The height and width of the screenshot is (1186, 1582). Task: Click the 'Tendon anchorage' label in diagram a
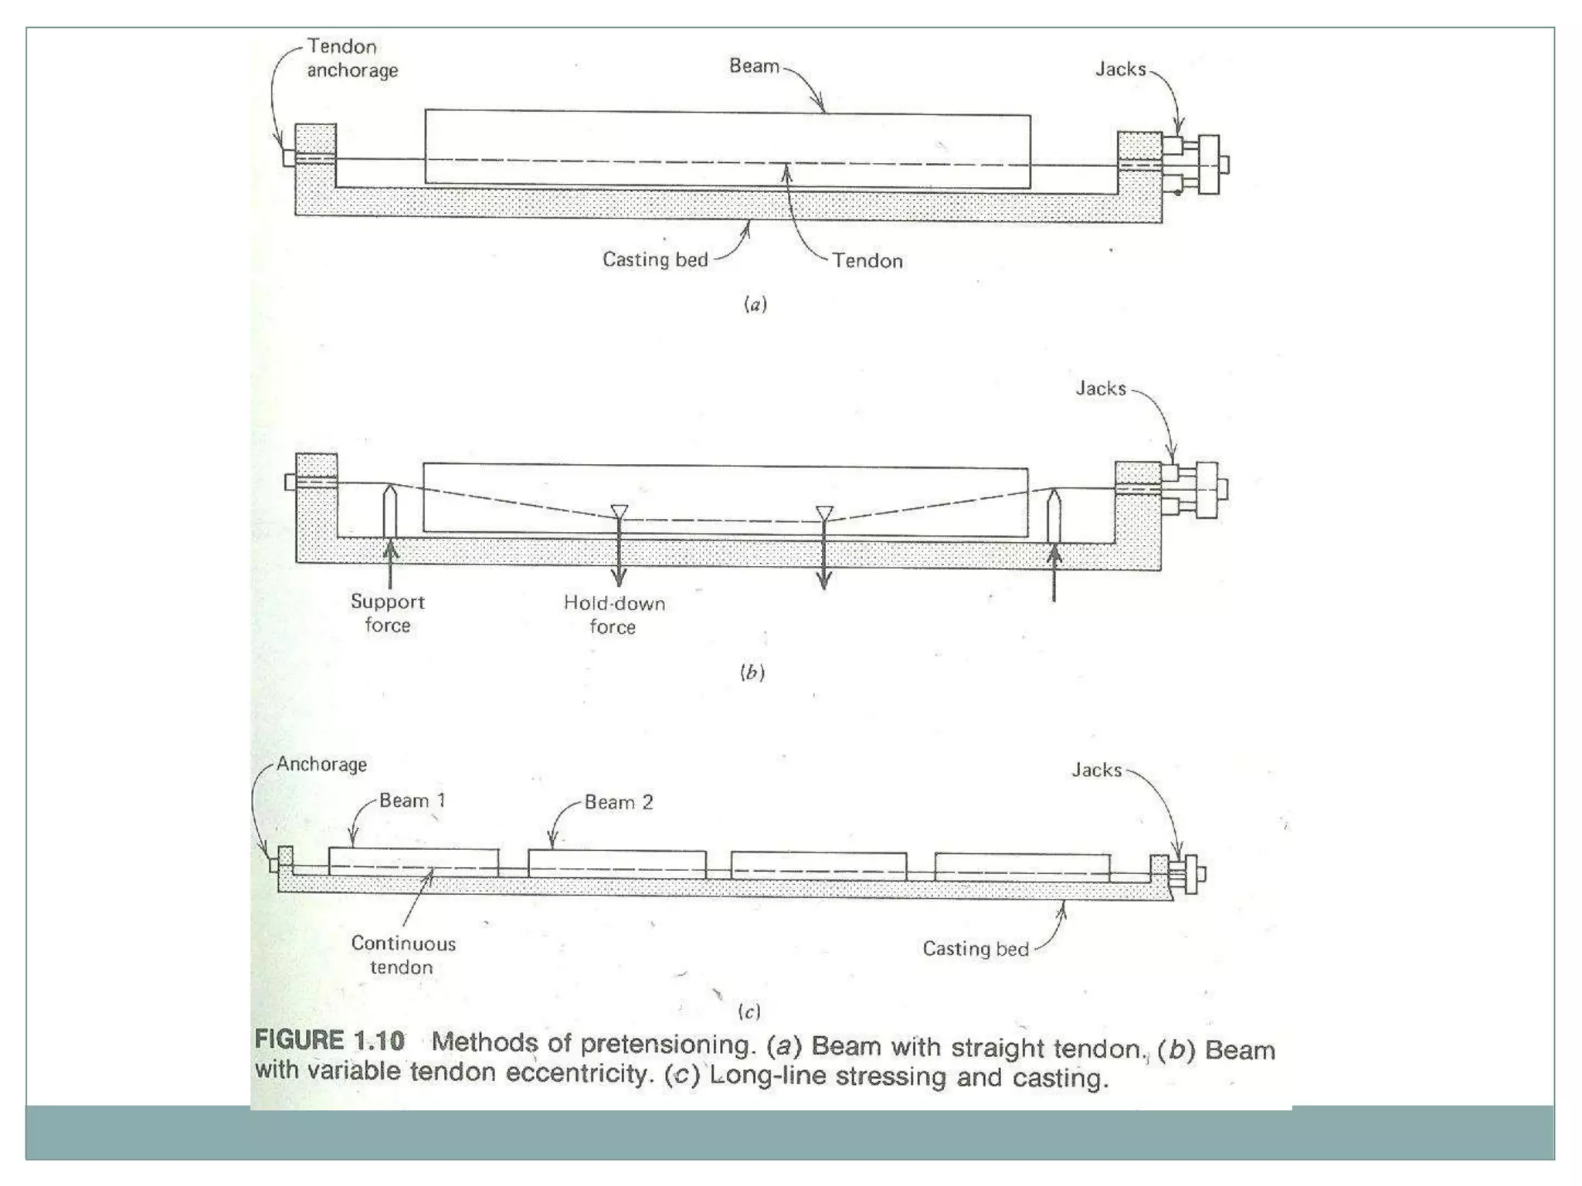[351, 59]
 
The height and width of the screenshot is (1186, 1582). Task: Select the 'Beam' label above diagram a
[754, 66]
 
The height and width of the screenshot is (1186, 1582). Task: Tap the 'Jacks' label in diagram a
[1120, 69]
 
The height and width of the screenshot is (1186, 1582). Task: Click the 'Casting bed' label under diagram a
[655, 259]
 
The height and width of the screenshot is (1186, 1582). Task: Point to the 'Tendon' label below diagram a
[867, 261]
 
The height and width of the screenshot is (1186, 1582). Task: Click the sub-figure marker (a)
[755, 304]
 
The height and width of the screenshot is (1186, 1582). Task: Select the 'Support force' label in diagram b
[388, 613]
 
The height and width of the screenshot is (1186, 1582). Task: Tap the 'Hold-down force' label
[614, 615]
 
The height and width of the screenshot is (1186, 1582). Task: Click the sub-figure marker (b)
[752, 672]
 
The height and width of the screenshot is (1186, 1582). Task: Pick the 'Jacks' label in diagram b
[1101, 388]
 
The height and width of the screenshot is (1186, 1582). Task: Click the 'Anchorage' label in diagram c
[321, 764]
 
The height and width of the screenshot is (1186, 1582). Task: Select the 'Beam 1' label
[412, 801]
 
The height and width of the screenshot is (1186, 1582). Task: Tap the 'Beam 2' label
[618, 802]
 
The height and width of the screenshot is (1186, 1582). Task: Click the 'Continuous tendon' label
[403, 955]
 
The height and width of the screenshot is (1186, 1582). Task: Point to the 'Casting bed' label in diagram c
[975, 949]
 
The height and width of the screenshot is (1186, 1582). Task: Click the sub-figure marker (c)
[749, 1011]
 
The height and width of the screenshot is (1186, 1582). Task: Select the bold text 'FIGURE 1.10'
[330, 1040]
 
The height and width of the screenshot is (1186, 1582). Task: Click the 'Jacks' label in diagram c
[1096, 770]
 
